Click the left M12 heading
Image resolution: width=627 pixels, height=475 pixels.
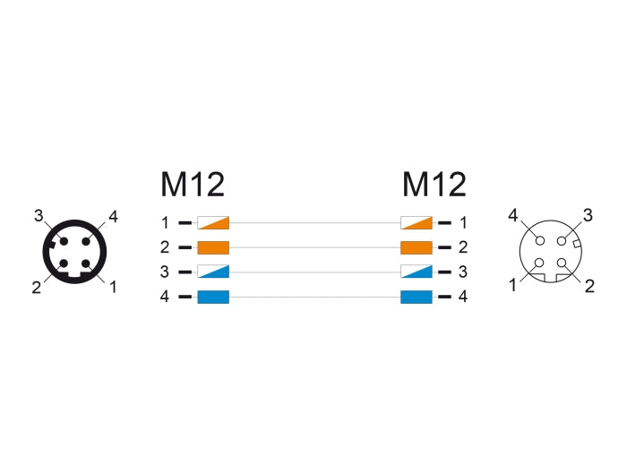(x=193, y=185)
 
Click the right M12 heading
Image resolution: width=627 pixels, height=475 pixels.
(x=434, y=185)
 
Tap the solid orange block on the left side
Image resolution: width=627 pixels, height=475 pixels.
(x=213, y=247)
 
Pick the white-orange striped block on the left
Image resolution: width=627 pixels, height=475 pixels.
(x=213, y=222)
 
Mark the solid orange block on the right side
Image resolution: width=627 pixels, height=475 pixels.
(x=417, y=247)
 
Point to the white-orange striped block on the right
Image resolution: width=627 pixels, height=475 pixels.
(x=417, y=222)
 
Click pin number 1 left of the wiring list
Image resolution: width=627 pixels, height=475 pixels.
(x=166, y=222)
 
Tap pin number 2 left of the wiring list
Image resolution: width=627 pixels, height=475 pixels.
(x=166, y=247)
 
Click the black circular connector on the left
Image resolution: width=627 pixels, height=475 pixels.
(x=74, y=251)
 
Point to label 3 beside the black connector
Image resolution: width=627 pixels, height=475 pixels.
(x=39, y=215)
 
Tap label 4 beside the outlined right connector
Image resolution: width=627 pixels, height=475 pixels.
(x=512, y=215)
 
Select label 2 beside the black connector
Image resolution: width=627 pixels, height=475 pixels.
(x=37, y=288)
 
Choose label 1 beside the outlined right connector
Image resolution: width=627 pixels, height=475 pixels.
(x=514, y=286)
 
